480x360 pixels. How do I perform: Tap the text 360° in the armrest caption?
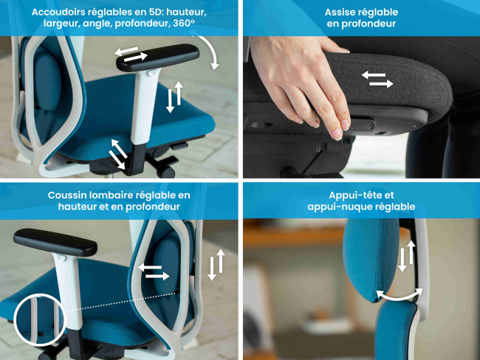click(184, 24)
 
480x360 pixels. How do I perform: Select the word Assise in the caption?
click(340, 13)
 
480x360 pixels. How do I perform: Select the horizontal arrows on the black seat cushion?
click(377, 79)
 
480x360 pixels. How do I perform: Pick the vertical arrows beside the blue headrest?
click(407, 256)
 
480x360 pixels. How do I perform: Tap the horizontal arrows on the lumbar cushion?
click(154, 271)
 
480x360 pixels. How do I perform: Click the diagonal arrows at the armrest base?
click(118, 154)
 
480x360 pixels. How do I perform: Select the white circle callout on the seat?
click(39, 319)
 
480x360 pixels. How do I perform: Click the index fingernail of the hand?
click(337, 134)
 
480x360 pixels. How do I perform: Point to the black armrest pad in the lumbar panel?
click(55, 242)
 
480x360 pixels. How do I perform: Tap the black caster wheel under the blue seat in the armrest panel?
click(168, 173)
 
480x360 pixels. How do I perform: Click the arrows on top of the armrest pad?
click(131, 54)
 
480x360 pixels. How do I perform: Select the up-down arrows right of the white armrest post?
click(174, 97)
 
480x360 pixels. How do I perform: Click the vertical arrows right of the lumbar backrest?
click(216, 265)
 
